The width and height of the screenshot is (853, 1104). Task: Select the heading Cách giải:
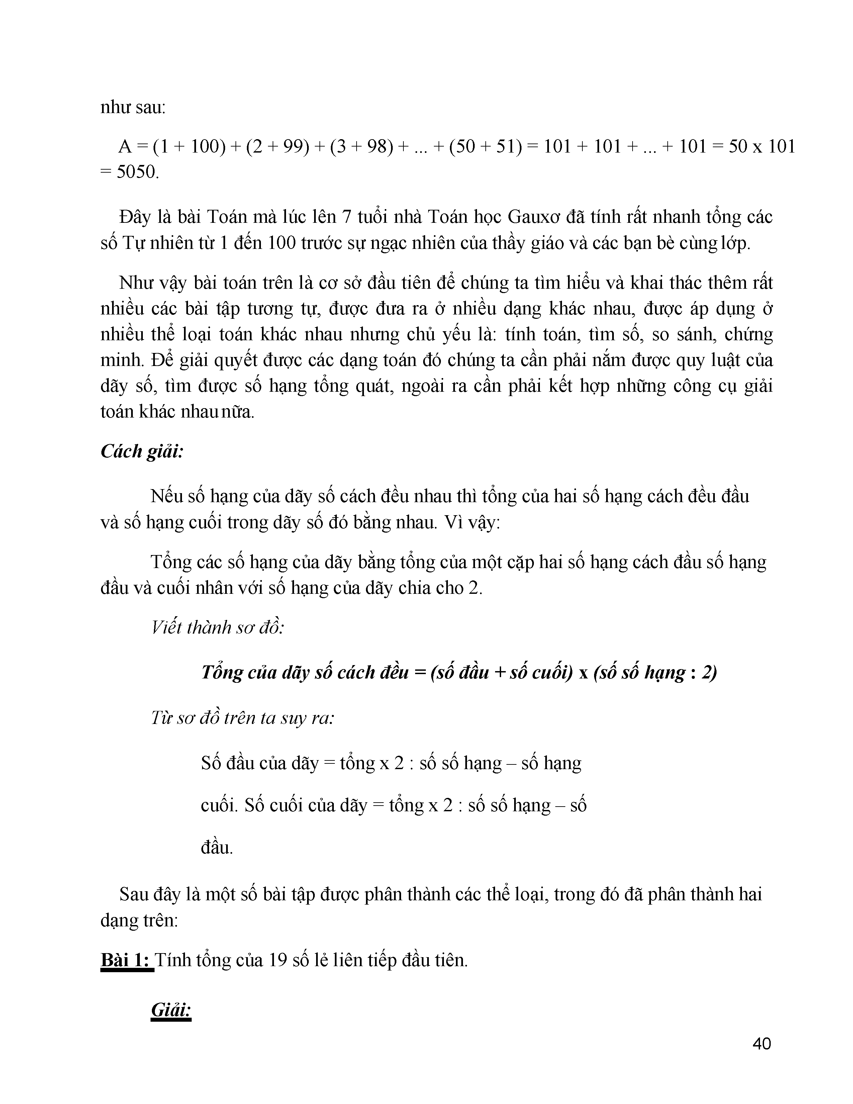(x=141, y=451)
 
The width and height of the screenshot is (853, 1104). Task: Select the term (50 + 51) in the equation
(x=485, y=147)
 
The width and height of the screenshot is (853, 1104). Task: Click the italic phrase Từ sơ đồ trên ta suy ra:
(x=243, y=718)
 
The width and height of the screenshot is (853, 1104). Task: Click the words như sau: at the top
(x=133, y=108)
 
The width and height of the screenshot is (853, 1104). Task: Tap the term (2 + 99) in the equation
(x=277, y=147)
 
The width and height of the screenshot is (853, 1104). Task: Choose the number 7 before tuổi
(x=346, y=217)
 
